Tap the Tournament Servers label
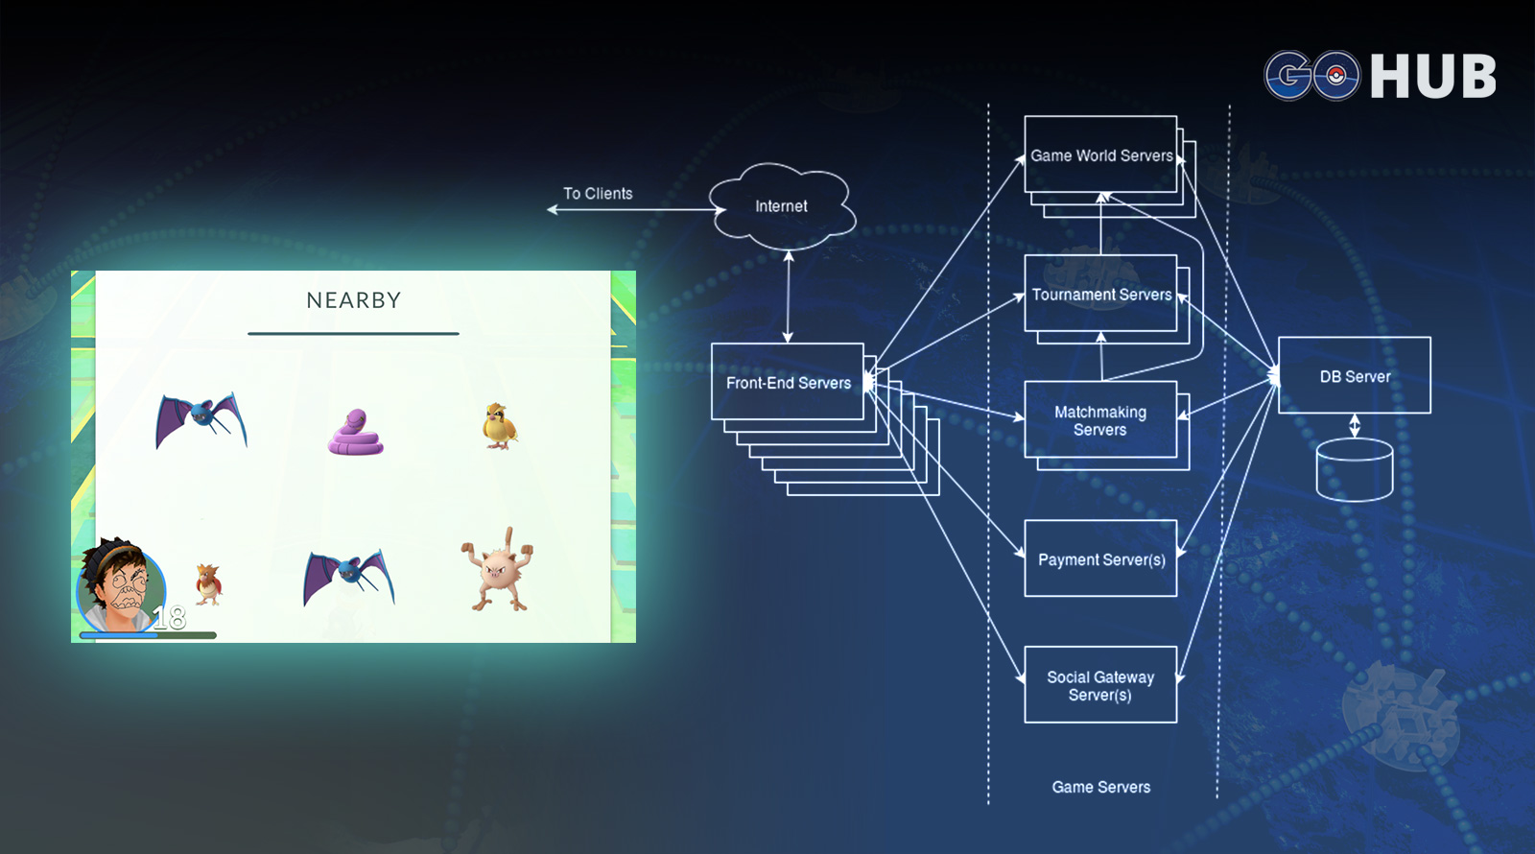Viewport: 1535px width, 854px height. click(1102, 295)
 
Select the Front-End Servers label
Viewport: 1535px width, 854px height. click(789, 383)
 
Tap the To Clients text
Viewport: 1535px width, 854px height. click(598, 194)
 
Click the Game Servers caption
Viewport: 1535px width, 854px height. click(1101, 787)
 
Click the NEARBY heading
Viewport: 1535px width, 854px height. click(354, 300)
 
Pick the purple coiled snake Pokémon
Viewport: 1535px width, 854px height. click(356, 433)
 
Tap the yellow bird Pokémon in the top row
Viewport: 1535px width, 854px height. click(500, 426)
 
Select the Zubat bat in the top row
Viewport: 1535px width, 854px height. click(201, 420)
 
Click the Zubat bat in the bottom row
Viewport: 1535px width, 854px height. click(349, 577)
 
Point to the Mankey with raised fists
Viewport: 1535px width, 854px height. click(498, 569)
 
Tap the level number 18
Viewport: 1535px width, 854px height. click(169, 618)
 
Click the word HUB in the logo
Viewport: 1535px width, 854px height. click(1433, 77)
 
